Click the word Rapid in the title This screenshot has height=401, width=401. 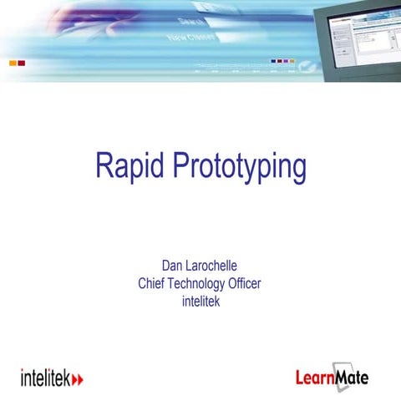(130, 167)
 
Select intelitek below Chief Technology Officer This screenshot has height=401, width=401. (200, 301)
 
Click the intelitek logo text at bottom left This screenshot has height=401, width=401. (45, 377)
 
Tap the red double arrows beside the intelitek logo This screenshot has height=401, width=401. (79, 378)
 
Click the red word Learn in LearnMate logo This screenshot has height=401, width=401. (314, 377)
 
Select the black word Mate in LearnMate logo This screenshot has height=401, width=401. (352, 376)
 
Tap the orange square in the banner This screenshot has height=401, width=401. (12, 63)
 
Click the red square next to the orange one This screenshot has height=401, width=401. (22, 63)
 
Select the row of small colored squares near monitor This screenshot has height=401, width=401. (282, 61)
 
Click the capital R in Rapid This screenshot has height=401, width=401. (104, 167)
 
